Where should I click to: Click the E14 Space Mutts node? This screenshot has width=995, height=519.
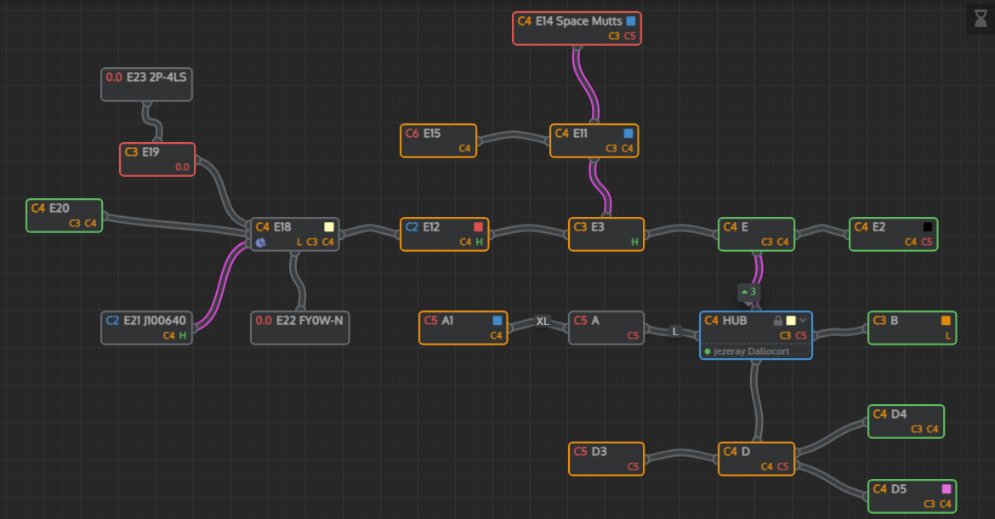click(x=576, y=28)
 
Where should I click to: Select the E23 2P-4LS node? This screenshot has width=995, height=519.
click(x=146, y=84)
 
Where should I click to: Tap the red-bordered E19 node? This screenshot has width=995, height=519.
click(x=157, y=159)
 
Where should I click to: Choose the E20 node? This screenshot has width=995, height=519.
click(x=64, y=215)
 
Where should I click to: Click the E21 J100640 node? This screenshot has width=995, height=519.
click(x=146, y=328)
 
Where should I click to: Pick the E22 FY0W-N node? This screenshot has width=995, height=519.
click(x=299, y=328)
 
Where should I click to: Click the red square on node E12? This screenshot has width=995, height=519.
click(x=479, y=227)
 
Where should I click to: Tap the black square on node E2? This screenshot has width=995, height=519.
click(x=928, y=227)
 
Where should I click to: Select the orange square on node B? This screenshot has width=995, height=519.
click(x=946, y=321)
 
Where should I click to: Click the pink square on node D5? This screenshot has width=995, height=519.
click(x=946, y=489)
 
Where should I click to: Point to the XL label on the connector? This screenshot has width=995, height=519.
click(x=543, y=322)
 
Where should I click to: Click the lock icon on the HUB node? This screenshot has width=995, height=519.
click(x=777, y=321)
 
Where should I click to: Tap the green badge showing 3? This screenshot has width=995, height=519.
click(x=748, y=292)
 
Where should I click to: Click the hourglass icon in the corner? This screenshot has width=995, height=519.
click(x=980, y=19)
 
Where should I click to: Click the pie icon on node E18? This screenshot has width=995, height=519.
click(x=261, y=242)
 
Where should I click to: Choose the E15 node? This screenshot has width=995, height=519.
click(x=438, y=140)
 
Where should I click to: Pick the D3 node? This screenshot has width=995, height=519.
click(x=606, y=459)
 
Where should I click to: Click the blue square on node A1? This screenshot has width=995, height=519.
click(x=497, y=321)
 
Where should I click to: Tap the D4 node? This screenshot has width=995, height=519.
click(x=906, y=421)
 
